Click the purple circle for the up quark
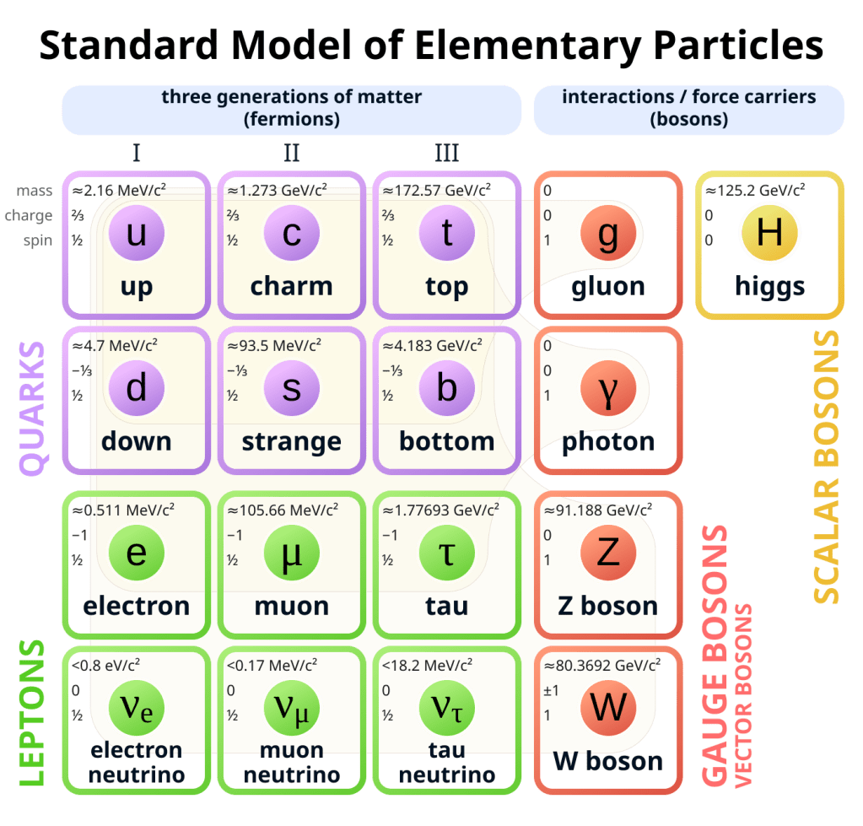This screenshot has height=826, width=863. tap(136, 234)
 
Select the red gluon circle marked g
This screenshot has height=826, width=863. tap(607, 234)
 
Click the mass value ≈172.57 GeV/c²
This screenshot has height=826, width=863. tap(438, 190)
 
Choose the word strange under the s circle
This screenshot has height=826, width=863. tap(291, 441)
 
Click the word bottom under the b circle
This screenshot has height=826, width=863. tap(446, 441)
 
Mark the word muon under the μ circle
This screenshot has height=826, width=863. tap(291, 606)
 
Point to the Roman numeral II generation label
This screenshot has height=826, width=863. tap(292, 153)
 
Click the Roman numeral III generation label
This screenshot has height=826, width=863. tap(446, 153)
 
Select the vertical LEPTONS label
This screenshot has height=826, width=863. tap(31, 713)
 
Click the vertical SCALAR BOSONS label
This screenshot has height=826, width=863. tap(827, 467)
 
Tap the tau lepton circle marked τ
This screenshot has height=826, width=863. tap(446, 553)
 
